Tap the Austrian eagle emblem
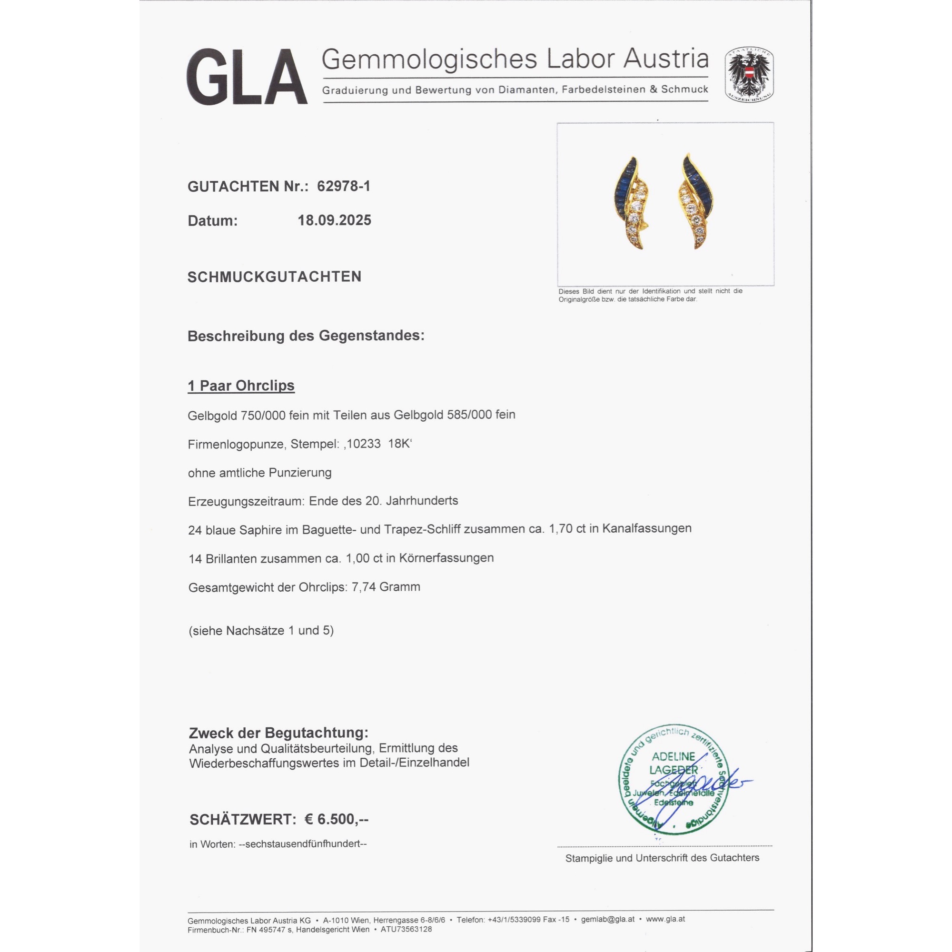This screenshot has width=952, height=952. tap(748, 75)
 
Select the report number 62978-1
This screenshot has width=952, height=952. tap(344, 186)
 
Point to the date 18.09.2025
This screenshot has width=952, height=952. tap(334, 220)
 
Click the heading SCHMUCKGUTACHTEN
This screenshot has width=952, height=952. tap(275, 277)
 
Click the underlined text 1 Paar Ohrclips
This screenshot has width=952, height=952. tap(241, 386)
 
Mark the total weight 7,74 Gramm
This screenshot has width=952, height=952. tap(386, 587)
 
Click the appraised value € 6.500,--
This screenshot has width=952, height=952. tap(336, 820)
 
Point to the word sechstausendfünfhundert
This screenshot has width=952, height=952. tap(303, 844)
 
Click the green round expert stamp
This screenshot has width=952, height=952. tap(674, 780)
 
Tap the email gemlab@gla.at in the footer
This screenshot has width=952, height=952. tap(607, 920)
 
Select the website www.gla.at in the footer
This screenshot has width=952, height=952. tap(665, 920)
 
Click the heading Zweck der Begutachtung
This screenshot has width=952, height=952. tap(278, 733)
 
